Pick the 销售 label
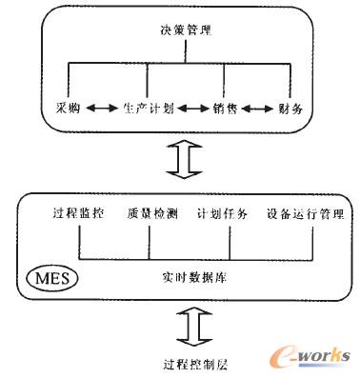click(x=226, y=109)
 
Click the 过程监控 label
click(x=80, y=213)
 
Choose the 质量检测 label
click(x=150, y=213)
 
